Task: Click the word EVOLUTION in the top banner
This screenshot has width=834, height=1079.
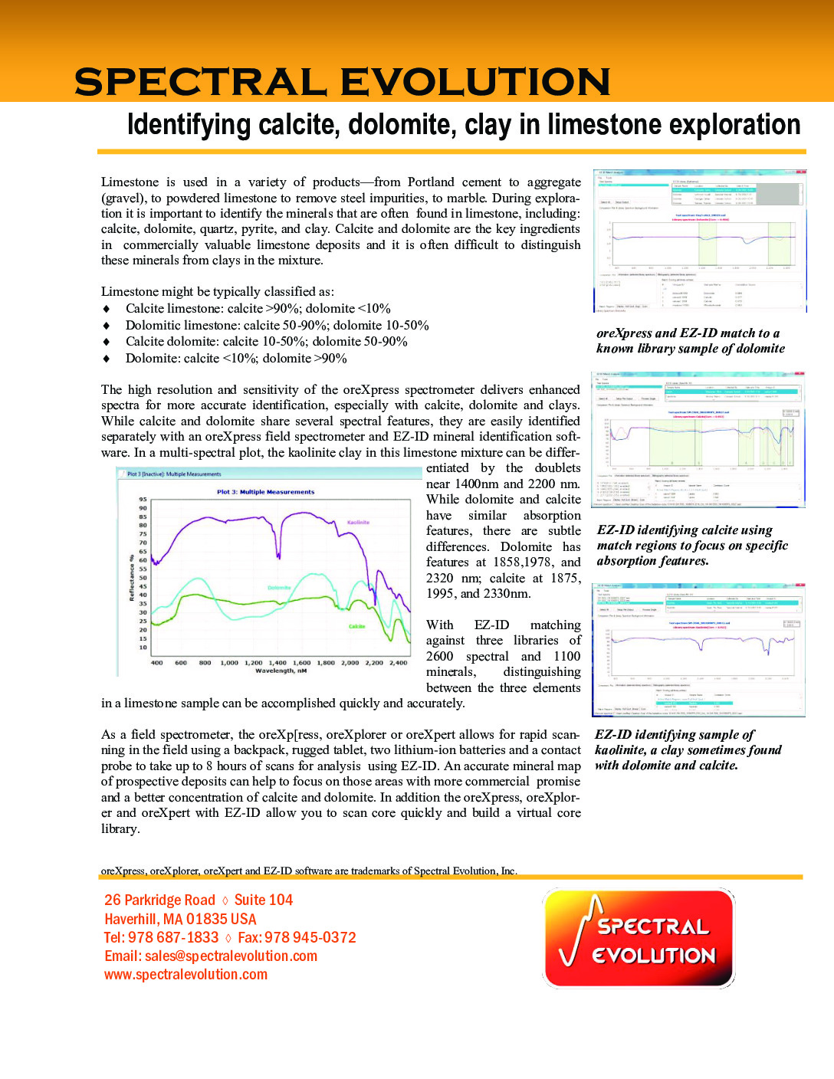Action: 474,82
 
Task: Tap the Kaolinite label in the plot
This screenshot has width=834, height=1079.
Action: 358,522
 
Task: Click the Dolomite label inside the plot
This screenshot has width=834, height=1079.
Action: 279,588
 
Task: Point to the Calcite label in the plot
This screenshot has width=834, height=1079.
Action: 357,626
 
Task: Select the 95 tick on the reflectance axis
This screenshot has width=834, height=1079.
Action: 143,499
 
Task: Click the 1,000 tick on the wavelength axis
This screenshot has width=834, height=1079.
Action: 229,662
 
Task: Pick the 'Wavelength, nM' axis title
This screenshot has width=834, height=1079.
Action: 281,671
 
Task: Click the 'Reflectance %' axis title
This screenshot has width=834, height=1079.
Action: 132,577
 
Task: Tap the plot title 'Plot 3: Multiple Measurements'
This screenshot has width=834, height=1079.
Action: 265,492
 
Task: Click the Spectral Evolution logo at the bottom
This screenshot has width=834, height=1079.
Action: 639,938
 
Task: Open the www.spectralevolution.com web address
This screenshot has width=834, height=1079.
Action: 186,974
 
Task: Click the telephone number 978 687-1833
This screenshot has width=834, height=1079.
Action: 173,937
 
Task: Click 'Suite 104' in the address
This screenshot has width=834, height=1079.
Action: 264,900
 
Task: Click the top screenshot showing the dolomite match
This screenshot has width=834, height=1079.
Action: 699,241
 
